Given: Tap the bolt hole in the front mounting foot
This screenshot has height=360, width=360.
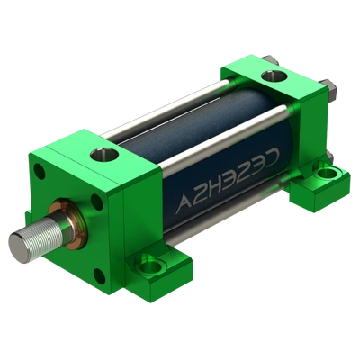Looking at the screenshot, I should pos(145,265).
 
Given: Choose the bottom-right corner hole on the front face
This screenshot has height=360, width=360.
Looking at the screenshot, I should pos(101,241).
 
